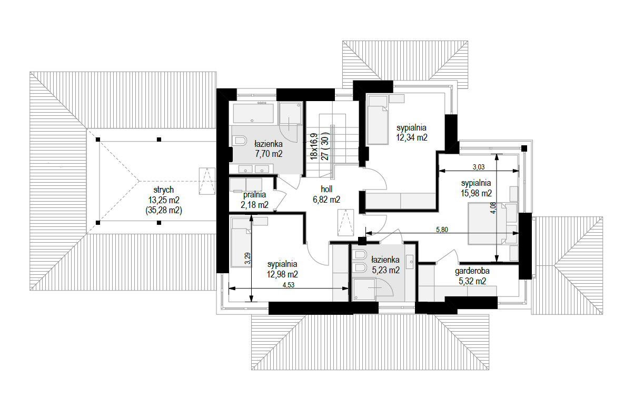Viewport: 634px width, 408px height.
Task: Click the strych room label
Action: pos(164,190)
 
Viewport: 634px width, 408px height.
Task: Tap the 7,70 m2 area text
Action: pos(269,154)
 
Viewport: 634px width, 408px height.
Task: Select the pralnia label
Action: pos(254,195)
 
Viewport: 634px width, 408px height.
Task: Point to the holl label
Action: pos(326,188)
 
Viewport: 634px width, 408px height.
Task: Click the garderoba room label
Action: pos(472,271)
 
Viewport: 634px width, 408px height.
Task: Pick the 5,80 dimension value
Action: pos(442,230)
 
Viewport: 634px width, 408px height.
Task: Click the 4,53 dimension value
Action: pos(289,285)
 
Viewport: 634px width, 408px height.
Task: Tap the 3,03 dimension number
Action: pos(479,167)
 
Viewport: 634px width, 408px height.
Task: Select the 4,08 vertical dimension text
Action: pos(493,207)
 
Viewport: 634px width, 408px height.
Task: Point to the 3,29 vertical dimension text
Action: pos(247,258)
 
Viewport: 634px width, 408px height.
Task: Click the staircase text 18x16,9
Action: pos(314,146)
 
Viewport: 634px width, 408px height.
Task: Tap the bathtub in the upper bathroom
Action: pos(254,113)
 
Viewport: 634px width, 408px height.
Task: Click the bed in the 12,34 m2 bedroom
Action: pos(377,120)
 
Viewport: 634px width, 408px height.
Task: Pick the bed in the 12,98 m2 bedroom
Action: pos(241,242)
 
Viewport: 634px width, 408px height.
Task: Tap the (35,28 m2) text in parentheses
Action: pos(164,211)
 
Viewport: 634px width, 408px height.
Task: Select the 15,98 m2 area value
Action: pos(476,193)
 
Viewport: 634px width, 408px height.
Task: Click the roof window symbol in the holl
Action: pos(345,222)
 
